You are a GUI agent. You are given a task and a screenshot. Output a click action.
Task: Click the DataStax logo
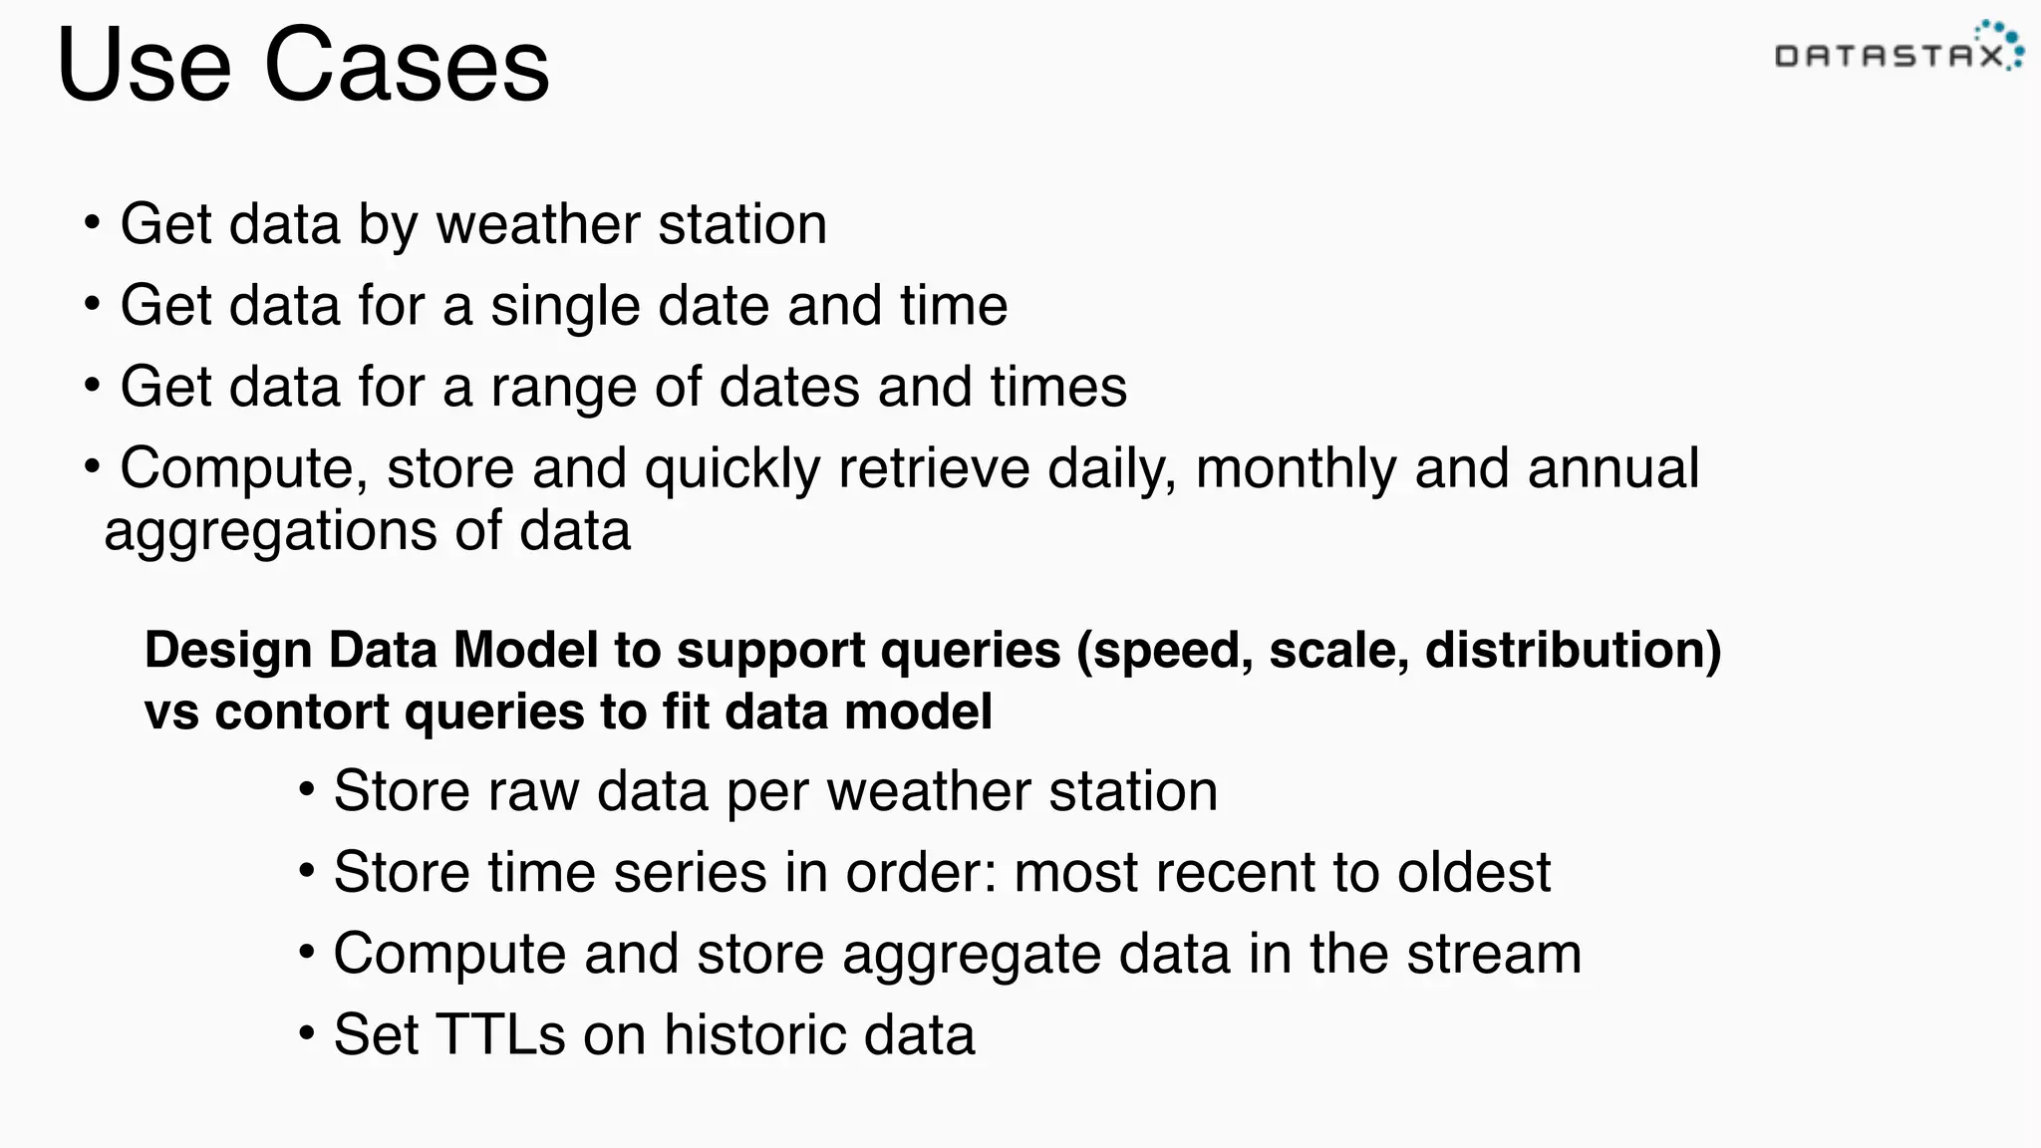click(1898, 50)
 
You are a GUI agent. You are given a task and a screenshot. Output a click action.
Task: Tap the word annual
click(1612, 468)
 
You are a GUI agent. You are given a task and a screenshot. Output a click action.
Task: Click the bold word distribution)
click(1573, 651)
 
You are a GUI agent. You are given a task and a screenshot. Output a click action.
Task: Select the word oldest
click(1474, 872)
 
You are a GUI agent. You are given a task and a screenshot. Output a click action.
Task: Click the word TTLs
click(500, 1034)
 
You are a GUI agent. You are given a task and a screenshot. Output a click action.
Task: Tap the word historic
click(740, 1034)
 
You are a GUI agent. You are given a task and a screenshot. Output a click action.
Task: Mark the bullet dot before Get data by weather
click(92, 222)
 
